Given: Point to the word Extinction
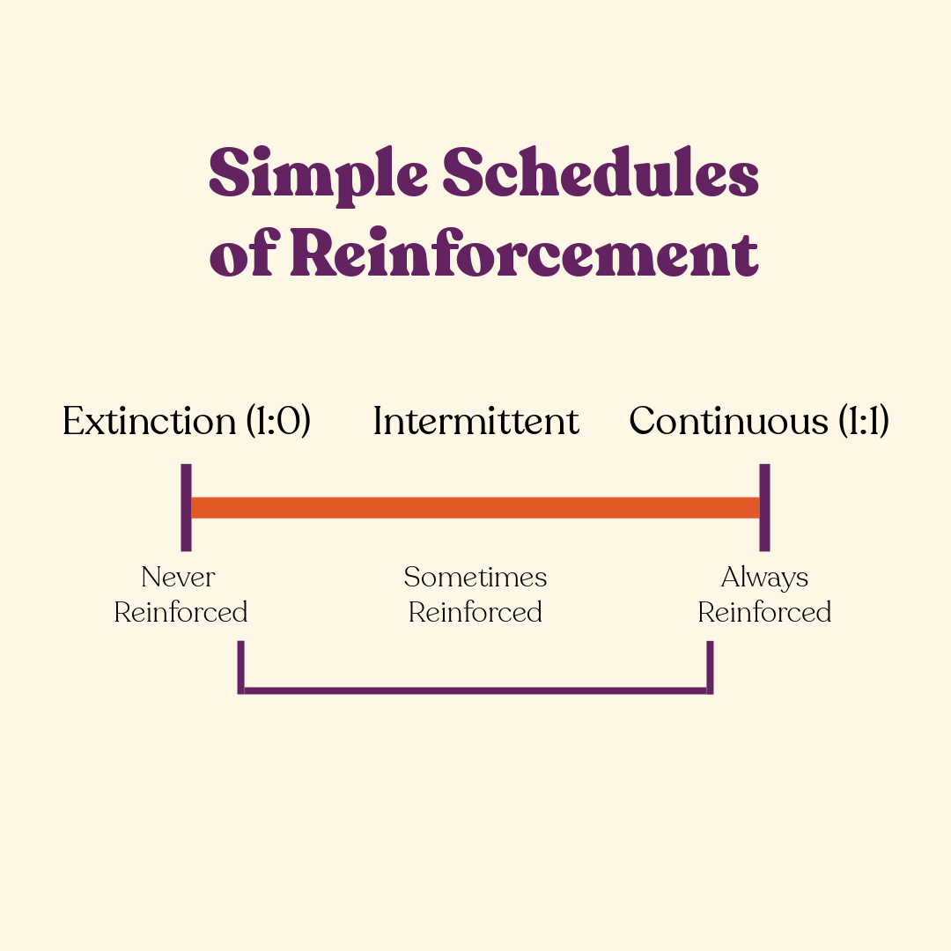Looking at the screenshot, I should coord(149,421).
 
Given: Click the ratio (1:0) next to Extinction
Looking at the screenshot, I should coord(277,422).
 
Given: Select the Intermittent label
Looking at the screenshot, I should coord(475,421).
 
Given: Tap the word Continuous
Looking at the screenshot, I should coord(729,421).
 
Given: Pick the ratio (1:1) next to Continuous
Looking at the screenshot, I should coord(860,422).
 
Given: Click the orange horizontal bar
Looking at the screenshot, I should coord(475,507).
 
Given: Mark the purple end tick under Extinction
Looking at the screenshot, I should coord(186,507).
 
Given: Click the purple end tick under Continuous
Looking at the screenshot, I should coord(764,507).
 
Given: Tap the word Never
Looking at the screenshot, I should coord(179,578).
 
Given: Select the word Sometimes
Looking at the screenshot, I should coord(475,578).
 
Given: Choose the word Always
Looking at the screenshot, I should coord(764,578).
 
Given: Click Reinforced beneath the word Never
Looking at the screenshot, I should coord(181,612).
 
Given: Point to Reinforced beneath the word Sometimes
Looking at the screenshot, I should coord(475,612).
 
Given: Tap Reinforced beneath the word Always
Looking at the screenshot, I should coord(764,612).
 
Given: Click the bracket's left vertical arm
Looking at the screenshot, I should coord(240,667).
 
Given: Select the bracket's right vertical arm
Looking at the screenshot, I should coord(710,667).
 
